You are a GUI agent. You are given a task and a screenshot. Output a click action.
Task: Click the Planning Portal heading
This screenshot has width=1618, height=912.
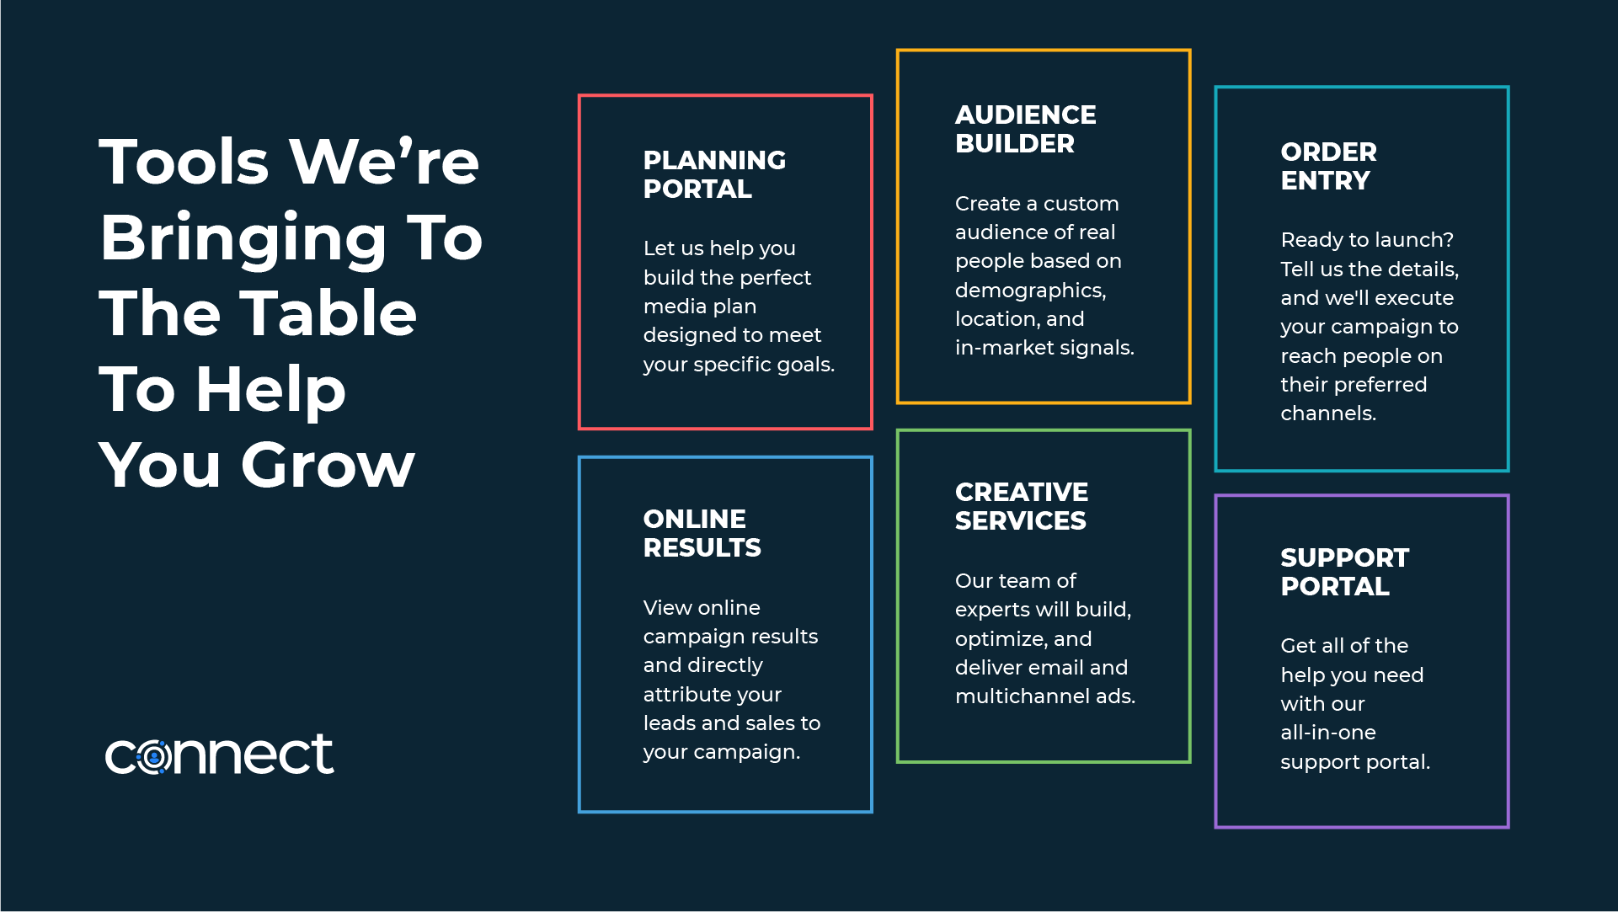tap(714, 174)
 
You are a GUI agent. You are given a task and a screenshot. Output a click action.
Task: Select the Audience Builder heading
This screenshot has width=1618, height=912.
tap(1025, 129)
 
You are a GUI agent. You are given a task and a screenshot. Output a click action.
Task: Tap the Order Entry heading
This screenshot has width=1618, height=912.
tap(1328, 166)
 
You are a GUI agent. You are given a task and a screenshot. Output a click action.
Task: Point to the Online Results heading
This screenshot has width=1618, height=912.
tap(702, 533)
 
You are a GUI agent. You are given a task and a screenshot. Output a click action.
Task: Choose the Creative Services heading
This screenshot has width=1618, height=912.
tap(1021, 506)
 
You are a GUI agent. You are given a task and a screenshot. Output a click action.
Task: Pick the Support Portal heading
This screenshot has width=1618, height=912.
tap(1344, 572)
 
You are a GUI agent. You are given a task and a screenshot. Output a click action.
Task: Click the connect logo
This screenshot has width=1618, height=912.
tap(219, 754)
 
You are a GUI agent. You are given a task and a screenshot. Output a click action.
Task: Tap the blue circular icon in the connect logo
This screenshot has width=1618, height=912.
tap(154, 758)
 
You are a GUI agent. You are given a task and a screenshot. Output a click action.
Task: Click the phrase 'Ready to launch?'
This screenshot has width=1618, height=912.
tap(1367, 240)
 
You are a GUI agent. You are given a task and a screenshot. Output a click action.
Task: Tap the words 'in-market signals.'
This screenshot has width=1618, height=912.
tap(1044, 348)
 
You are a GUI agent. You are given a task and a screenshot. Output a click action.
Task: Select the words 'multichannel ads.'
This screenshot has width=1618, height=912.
tap(1045, 696)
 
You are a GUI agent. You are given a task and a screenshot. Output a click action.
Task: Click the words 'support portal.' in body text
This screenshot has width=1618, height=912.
tap(1355, 763)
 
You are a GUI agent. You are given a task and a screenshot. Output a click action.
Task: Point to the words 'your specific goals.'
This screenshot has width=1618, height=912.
tap(739, 365)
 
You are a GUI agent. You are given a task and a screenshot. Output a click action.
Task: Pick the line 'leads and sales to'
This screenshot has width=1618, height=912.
tap(732, 723)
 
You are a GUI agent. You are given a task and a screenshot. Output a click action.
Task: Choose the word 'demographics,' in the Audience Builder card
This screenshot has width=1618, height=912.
tap(1031, 291)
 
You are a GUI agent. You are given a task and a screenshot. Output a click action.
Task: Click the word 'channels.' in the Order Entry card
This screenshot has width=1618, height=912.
tap(1328, 413)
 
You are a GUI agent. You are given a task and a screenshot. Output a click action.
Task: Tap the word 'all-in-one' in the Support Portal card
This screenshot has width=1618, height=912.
tap(1328, 733)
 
